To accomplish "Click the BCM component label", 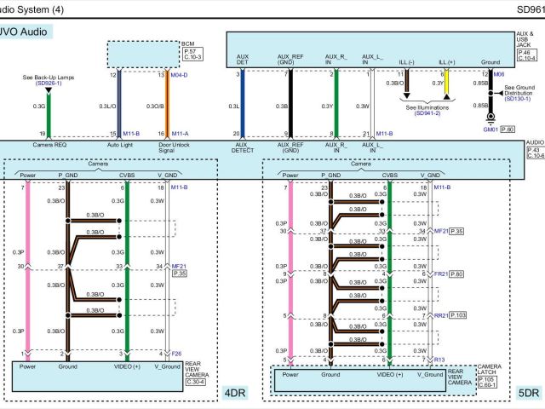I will pos(188,44).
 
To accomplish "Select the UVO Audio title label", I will pos(28,32).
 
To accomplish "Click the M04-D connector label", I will pos(178,75).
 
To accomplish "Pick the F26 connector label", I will pos(177,353).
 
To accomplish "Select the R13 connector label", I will pos(439,359).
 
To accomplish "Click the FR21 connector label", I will pos(441,274).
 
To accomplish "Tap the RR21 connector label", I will pos(441,316).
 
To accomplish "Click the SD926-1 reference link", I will pos(48,84).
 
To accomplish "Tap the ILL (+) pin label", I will pos(446,62).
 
